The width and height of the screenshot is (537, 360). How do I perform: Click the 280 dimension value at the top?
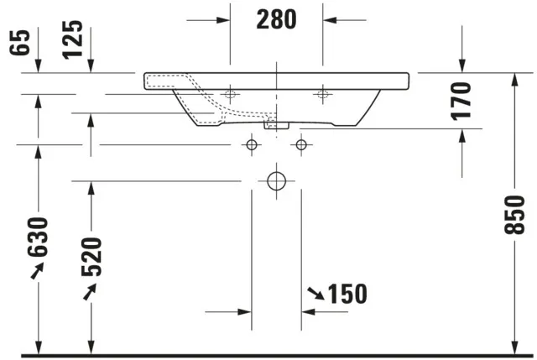(276, 19)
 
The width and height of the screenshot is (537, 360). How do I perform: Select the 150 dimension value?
(347, 294)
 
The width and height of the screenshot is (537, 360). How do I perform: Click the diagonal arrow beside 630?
(38, 272)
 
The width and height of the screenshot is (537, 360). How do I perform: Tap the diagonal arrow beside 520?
(89, 291)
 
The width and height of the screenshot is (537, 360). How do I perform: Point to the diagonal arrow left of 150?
(316, 294)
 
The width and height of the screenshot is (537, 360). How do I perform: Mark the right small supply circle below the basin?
(301, 145)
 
